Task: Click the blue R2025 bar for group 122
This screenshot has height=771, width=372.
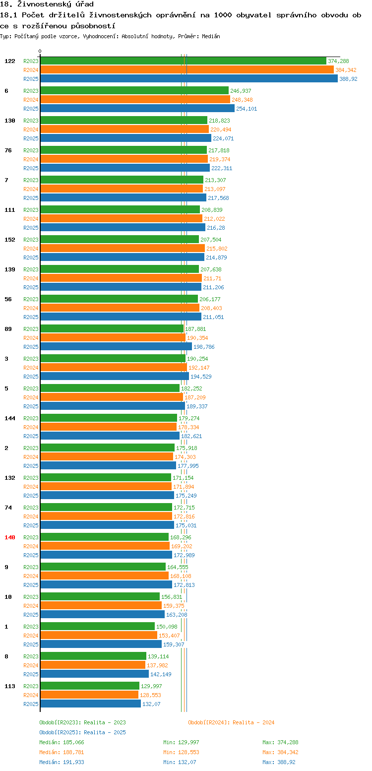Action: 189,79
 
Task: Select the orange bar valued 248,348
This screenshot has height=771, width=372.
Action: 135,99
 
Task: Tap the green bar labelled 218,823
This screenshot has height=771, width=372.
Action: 124,121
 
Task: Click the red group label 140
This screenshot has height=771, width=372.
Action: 10,537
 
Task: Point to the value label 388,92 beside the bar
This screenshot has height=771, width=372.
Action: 348,79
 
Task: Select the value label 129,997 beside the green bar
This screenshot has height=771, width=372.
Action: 151,686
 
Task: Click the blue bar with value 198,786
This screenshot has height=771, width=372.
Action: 116,347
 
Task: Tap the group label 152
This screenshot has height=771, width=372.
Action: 10,240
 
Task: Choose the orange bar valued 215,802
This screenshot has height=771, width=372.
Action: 123,249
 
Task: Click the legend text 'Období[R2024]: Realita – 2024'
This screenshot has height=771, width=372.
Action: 231,722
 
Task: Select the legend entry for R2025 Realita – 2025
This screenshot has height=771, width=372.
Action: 83,732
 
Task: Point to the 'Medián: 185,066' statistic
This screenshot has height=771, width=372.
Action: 62,742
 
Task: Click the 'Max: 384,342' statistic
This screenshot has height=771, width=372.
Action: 280,753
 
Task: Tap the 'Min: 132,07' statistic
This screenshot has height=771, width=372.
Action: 180,763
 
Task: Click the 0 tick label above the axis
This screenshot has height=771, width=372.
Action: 40,51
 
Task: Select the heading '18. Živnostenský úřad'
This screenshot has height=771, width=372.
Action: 47,4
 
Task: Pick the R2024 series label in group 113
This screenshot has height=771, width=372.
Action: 31,695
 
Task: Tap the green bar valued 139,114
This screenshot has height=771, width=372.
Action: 93,656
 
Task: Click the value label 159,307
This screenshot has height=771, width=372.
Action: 174,644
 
